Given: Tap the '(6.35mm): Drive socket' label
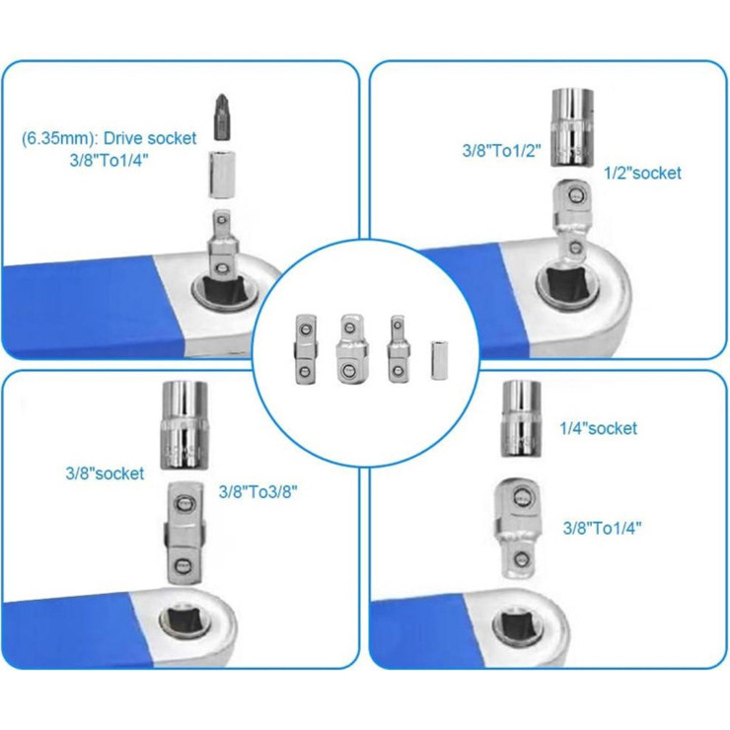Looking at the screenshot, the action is click(x=109, y=138).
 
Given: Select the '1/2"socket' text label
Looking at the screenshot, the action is click(x=642, y=173).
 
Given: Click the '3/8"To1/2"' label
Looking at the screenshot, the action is click(x=501, y=150).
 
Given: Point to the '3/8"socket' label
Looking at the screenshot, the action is click(x=105, y=474).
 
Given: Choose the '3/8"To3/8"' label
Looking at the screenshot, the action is click(x=257, y=491).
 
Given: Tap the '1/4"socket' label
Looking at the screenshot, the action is click(x=598, y=428).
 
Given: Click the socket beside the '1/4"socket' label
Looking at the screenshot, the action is click(x=521, y=418).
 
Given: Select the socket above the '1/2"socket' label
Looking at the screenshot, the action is click(x=572, y=128).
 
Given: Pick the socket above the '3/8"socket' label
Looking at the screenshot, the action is click(x=183, y=424).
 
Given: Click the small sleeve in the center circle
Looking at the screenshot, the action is click(x=439, y=361).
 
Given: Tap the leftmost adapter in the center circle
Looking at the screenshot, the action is click(x=306, y=349).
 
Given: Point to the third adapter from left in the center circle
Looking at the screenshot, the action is click(x=398, y=349).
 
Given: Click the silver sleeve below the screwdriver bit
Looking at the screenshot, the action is click(x=222, y=175).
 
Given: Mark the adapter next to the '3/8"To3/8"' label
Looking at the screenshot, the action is click(x=183, y=533).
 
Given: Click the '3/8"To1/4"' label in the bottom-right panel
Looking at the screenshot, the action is click(x=602, y=529).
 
